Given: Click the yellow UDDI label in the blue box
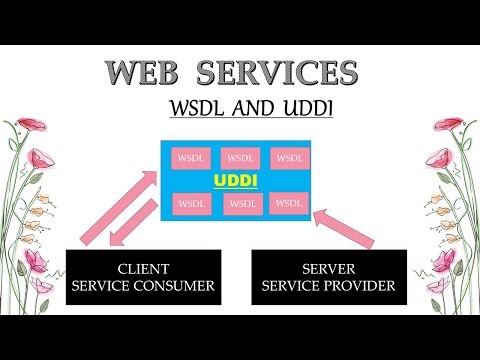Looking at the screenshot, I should (237, 181).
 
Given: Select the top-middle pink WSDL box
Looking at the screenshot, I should (239, 157).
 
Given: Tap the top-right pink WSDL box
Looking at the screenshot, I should (289, 157).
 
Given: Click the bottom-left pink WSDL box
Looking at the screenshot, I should (190, 203).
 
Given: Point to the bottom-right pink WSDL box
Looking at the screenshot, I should (288, 202).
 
